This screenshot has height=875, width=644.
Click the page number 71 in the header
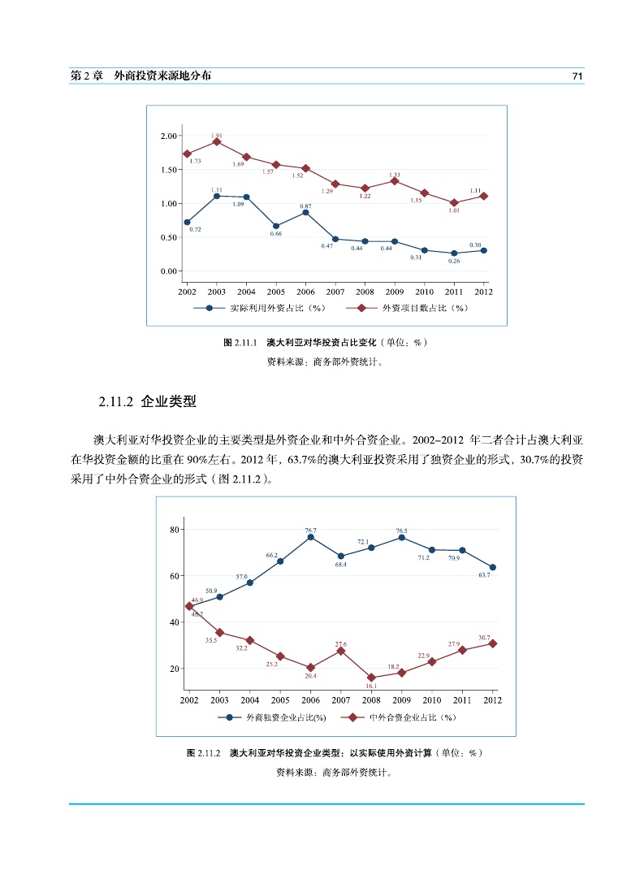pyautogui.click(x=577, y=76)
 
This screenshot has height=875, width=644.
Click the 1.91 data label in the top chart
pyautogui.click(x=217, y=136)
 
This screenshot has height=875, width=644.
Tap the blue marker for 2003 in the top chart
pyautogui.click(x=217, y=196)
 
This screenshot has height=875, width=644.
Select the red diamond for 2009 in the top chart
pyautogui.click(x=395, y=180)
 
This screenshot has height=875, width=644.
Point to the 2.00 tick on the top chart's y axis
pyautogui.click(x=169, y=136)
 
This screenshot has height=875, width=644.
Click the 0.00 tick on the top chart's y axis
pyautogui.click(x=169, y=271)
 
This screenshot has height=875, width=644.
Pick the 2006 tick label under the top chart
pyautogui.click(x=305, y=291)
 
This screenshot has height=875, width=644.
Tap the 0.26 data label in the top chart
pyautogui.click(x=454, y=262)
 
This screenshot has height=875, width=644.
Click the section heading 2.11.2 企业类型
pyautogui.click(x=147, y=401)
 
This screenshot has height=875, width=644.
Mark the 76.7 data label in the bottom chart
pyautogui.click(x=310, y=531)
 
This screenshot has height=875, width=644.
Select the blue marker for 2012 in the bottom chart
pyautogui.click(x=492, y=567)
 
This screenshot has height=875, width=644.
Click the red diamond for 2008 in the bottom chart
pyautogui.click(x=371, y=678)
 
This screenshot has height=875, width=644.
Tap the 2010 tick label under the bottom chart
pyautogui.click(x=431, y=700)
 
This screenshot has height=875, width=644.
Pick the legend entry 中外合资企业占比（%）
pyautogui.click(x=413, y=717)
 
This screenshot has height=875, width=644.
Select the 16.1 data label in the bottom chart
pyautogui.click(x=371, y=687)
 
